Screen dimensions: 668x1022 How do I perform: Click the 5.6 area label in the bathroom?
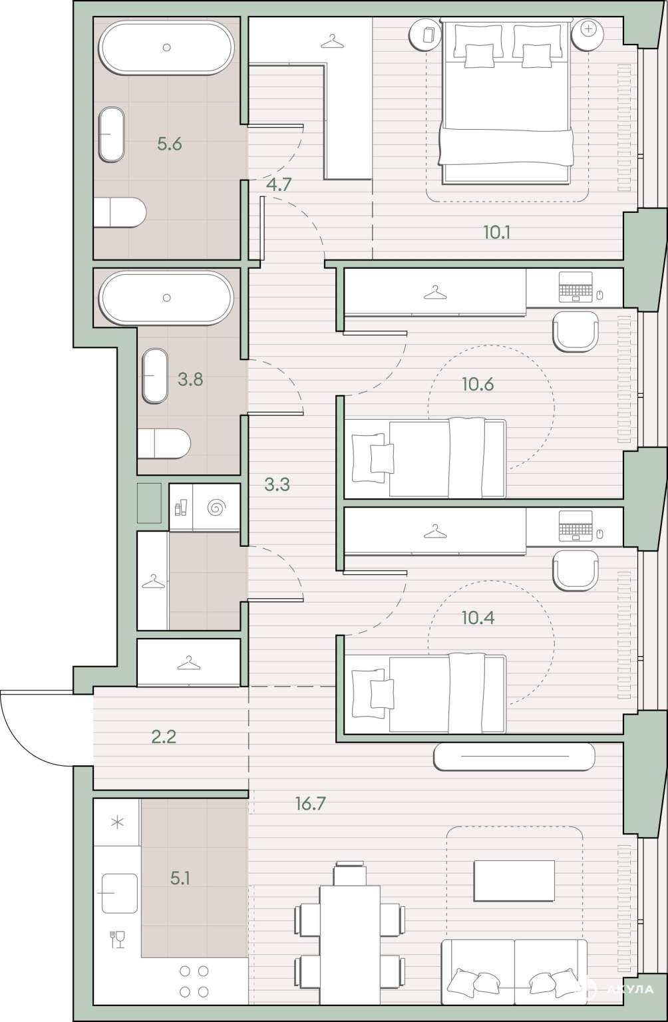click(x=169, y=144)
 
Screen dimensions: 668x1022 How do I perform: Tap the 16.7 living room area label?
click(x=310, y=804)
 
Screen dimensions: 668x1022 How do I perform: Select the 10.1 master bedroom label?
click(x=496, y=233)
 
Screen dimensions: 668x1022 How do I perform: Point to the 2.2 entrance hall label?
click(x=164, y=737)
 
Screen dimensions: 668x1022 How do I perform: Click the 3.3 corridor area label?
click(x=277, y=484)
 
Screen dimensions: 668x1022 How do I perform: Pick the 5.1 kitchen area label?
click(x=180, y=878)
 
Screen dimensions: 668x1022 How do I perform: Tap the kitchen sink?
click(x=120, y=894)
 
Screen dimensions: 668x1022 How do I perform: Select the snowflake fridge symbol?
click(x=118, y=822)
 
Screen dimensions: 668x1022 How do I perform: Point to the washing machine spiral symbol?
click(x=216, y=508)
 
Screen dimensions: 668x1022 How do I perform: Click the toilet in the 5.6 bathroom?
click(x=120, y=212)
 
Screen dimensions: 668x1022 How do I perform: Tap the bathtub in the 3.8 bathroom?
click(x=166, y=297)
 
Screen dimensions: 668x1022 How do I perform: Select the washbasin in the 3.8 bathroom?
click(x=155, y=376)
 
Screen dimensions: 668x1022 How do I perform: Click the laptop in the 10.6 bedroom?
click(x=576, y=287)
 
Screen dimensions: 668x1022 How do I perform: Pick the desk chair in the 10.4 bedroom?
click(x=575, y=570)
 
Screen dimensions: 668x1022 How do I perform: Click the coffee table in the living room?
click(x=514, y=881)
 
